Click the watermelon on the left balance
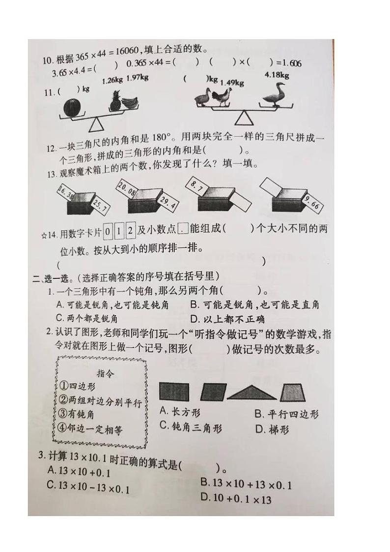coord(74,107)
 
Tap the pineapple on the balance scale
coord(115,102)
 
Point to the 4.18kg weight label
coord(277,75)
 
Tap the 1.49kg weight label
coord(232,83)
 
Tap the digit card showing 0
coord(108,229)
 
